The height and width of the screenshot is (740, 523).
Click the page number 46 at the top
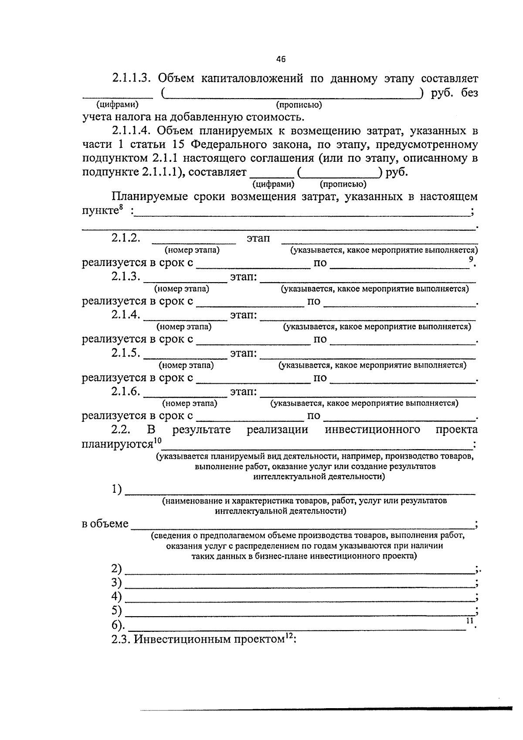(281, 59)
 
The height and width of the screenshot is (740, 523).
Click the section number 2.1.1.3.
(131, 79)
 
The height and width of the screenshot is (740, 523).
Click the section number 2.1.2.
(126, 238)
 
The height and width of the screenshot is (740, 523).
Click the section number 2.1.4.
(126, 315)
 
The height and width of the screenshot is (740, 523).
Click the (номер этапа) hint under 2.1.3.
(181, 289)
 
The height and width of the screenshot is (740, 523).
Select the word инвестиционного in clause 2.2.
(373, 430)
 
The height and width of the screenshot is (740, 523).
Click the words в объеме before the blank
(105, 524)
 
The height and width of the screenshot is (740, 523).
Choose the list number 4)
(116, 597)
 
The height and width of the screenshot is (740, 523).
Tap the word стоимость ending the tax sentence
(268, 117)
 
